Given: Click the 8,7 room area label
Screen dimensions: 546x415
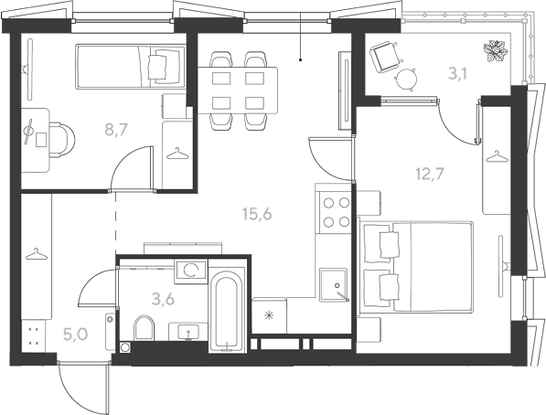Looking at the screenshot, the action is (117, 130).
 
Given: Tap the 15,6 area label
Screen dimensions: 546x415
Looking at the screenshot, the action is (257, 214).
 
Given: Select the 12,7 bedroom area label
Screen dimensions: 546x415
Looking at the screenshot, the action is (430, 174).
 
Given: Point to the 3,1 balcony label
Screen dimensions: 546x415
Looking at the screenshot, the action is (457, 74).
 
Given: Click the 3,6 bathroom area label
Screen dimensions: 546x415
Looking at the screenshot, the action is (164, 299).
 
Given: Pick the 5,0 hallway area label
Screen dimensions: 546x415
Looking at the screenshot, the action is (75, 335).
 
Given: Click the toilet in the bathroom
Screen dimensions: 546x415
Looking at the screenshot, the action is (145, 327).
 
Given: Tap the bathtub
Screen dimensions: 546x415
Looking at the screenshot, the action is (226, 311).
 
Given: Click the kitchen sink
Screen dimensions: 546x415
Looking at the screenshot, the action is (334, 285).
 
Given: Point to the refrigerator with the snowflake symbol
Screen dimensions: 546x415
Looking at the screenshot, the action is (269, 315).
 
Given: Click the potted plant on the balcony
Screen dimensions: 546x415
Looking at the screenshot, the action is (495, 51).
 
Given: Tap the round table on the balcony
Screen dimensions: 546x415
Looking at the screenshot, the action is (406, 79).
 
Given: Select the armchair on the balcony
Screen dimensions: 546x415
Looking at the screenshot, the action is (385, 57).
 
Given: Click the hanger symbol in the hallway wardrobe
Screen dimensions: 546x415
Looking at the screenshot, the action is (37, 254).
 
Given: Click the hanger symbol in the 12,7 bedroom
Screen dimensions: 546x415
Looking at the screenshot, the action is (497, 156).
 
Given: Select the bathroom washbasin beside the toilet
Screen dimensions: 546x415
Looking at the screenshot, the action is (188, 332).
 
